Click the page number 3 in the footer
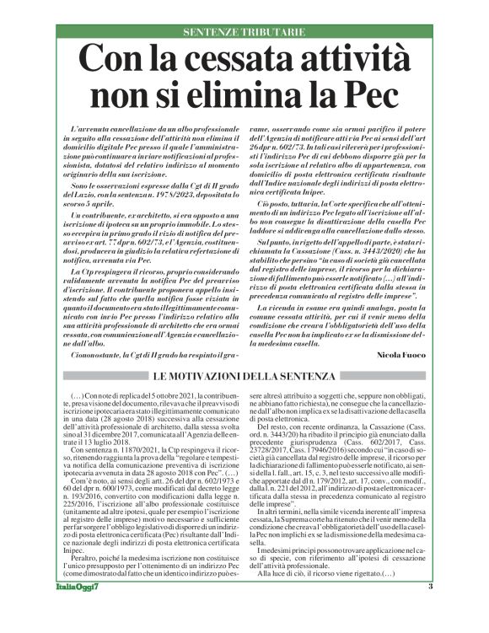click(430, 610)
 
